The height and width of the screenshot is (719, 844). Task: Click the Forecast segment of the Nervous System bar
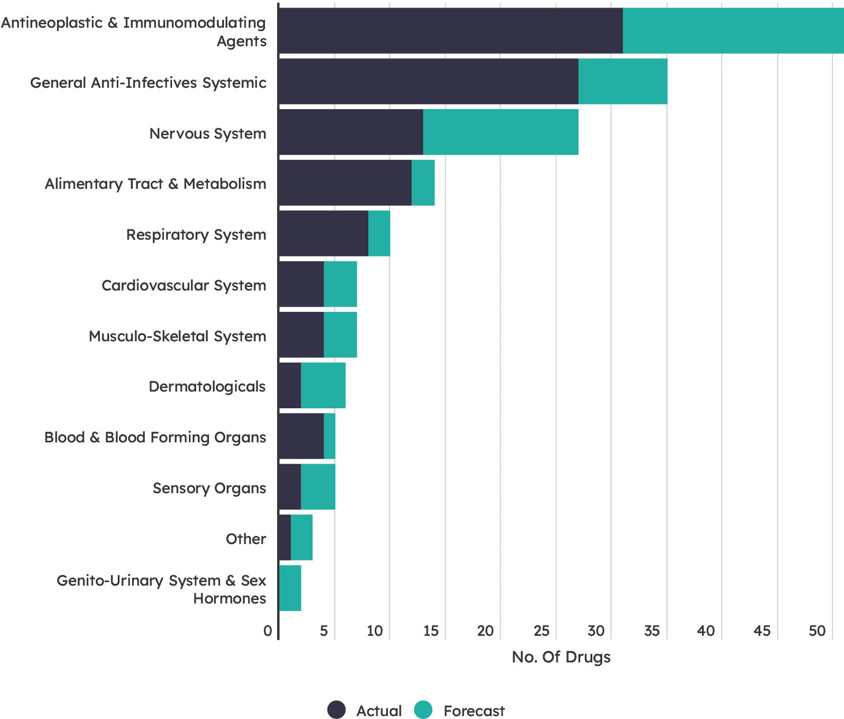coord(501,132)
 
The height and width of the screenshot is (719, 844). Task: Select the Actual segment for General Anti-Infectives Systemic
coord(428,81)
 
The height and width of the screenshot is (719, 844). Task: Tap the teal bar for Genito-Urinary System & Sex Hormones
coord(290,588)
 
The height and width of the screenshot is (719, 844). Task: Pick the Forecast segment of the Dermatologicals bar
coord(323,386)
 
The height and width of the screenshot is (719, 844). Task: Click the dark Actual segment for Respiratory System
coord(323,233)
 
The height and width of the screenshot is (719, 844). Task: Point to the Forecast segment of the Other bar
coord(302,538)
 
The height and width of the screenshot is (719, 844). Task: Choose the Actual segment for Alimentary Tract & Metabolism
coord(345,182)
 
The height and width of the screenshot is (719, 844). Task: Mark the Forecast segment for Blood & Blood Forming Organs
coord(330,436)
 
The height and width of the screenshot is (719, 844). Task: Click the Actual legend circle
coord(337,710)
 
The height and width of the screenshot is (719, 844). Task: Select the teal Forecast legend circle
coord(423,710)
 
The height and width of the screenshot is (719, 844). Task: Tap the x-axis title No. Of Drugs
coord(561,657)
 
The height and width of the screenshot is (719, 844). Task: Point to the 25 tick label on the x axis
coord(541,631)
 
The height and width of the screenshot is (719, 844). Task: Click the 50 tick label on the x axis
coord(817,631)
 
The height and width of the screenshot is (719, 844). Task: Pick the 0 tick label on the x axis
coord(268,631)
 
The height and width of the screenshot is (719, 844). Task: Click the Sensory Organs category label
coord(209,488)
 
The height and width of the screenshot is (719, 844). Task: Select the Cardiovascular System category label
coord(184,285)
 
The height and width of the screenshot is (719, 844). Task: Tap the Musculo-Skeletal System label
coord(177,336)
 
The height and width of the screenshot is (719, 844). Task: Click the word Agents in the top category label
coord(241,42)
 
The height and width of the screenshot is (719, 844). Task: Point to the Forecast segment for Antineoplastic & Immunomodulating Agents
coord(733,31)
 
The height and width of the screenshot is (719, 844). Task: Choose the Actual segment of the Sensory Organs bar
coord(290,487)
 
